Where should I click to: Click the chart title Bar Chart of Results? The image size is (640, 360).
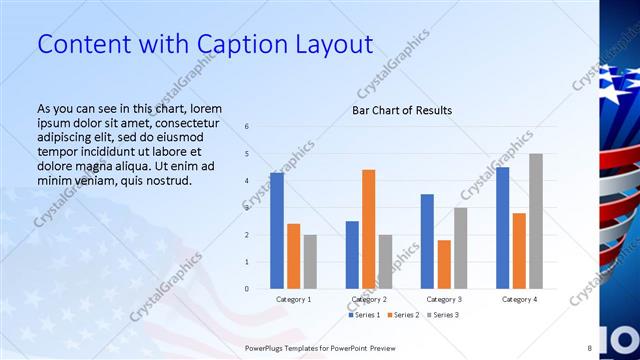tap(401, 110)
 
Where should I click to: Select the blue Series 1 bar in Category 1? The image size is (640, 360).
tap(277, 231)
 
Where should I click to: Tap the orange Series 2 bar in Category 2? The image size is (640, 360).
tap(368, 229)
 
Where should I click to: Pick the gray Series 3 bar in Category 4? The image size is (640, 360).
tap(536, 221)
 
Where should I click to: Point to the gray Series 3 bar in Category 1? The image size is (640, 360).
tap(310, 262)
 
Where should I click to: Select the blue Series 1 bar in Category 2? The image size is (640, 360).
tap(352, 255)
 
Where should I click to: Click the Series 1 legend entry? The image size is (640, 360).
tap(364, 315)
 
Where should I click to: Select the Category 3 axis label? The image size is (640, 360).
tap(443, 299)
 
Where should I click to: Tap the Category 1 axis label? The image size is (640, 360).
tap(293, 299)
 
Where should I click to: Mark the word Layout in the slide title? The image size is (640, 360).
tap(332, 44)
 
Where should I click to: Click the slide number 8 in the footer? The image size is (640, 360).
tap(589, 348)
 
